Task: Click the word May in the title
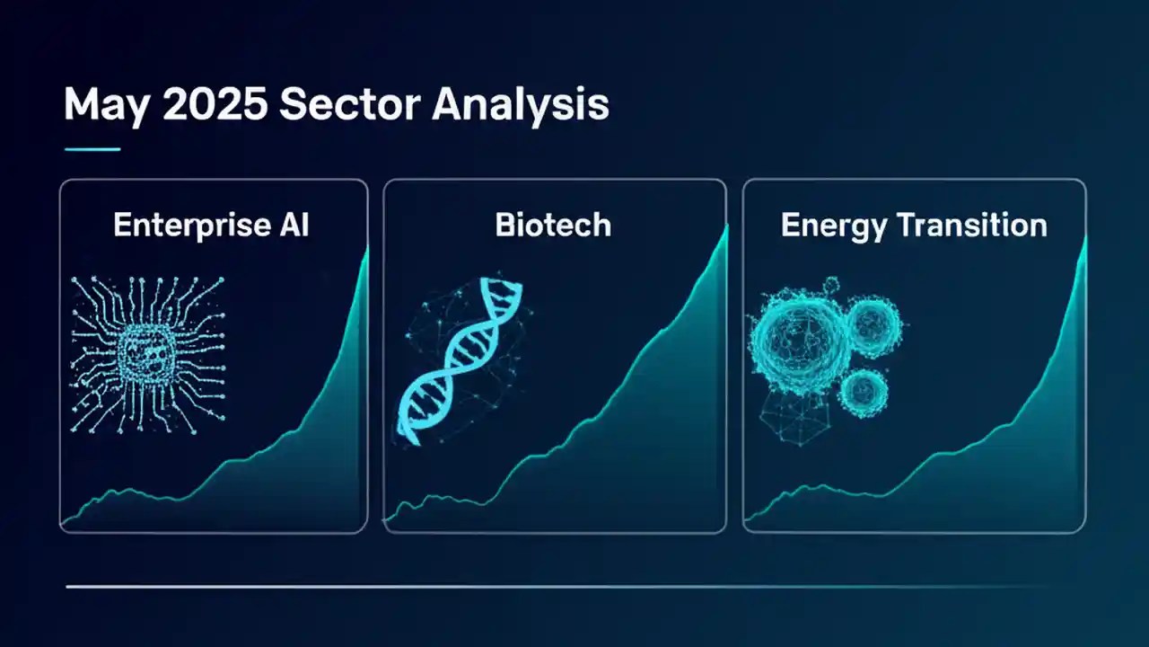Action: pos(100,106)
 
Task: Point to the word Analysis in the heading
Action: pos(520,106)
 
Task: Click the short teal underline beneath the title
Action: pos(92,149)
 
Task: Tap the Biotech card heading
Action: pos(553,225)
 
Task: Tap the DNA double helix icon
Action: pos(458,359)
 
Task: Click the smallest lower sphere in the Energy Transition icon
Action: pos(863,389)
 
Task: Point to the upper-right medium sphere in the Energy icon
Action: pos(872,326)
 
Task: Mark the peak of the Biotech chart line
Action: pos(725,226)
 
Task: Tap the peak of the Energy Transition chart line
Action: pos(1084,238)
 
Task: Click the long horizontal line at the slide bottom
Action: pos(557,587)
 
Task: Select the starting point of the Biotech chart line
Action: pos(386,519)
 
